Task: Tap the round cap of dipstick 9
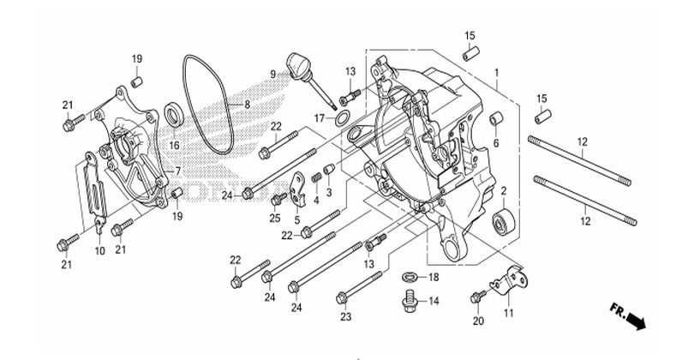click(296, 62)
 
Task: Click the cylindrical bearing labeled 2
click(503, 219)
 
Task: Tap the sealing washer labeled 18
click(410, 277)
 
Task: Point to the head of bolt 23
click(341, 298)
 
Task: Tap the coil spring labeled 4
click(316, 177)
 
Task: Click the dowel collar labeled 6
click(496, 119)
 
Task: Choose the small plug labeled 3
click(329, 170)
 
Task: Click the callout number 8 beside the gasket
click(247, 105)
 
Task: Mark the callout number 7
click(178, 171)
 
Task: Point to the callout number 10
click(100, 251)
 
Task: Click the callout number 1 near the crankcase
click(497, 72)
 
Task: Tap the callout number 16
click(175, 145)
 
